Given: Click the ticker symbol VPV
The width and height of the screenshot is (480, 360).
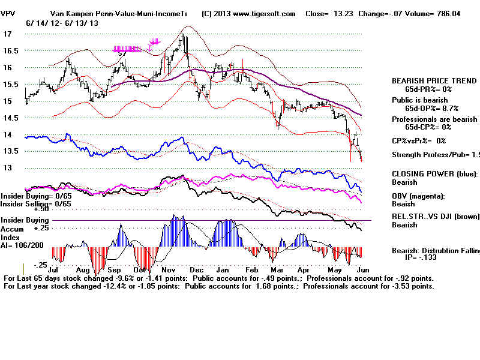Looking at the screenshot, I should [x=8, y=14].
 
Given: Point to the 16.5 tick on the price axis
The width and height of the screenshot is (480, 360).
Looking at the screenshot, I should [x=10, y=51].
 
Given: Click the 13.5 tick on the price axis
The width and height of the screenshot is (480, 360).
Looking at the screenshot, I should [x=10, y=152].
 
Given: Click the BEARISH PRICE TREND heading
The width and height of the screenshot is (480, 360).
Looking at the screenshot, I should [x=434, y=80].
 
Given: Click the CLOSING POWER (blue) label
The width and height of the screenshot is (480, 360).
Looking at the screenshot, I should [x=434, y=174].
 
